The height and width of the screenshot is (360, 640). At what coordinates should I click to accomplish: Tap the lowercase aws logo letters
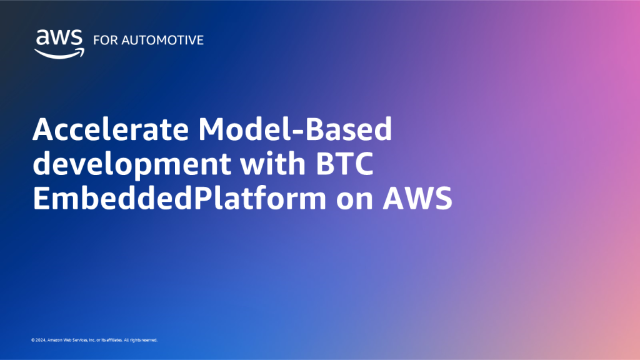click(59, 38)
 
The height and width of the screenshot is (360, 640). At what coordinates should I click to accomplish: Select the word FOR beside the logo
click(103, 40)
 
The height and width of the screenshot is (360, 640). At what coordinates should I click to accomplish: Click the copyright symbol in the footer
click(32, 340)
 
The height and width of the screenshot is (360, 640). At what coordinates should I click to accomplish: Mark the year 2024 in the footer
click(39, 340)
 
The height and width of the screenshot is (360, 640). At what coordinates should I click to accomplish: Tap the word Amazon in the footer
click(53, 340)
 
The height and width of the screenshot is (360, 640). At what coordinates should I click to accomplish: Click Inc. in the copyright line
click(95, 340)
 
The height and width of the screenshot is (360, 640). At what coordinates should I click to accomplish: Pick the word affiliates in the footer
click(113, 340)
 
